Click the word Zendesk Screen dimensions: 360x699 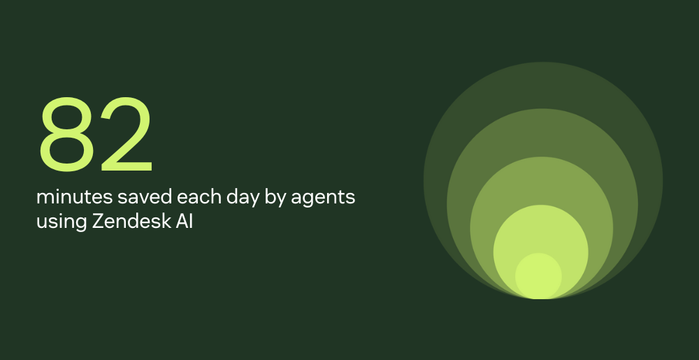pos(126,222)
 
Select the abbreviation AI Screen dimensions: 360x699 pos(181,222)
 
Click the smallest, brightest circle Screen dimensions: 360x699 pos(539,275)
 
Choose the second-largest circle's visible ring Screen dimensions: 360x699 pos(539,132)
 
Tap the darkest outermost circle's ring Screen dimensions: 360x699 pos(539,85)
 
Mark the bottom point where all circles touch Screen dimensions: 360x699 pos(539,298)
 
